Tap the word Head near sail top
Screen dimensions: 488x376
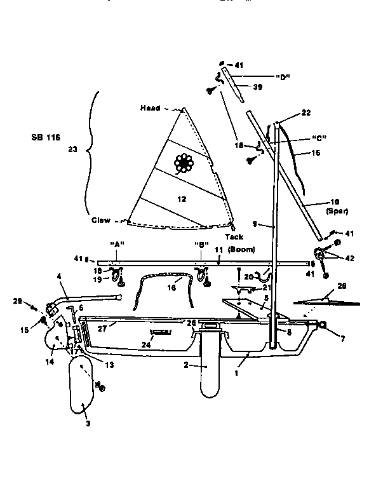(x=151, y=108)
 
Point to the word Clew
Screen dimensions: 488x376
(x=100, y=221)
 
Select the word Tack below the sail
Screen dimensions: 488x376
(x=233, y=236)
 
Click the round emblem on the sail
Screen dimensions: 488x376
(x=185, y=163)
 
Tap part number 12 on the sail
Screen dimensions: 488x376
(x=182, y=199)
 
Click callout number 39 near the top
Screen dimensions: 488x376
(x=258, y=86)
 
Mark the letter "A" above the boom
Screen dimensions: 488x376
(x=116, y=244)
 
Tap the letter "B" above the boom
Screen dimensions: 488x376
(x=201, y=244)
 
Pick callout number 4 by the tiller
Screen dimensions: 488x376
(x=59, y=276)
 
